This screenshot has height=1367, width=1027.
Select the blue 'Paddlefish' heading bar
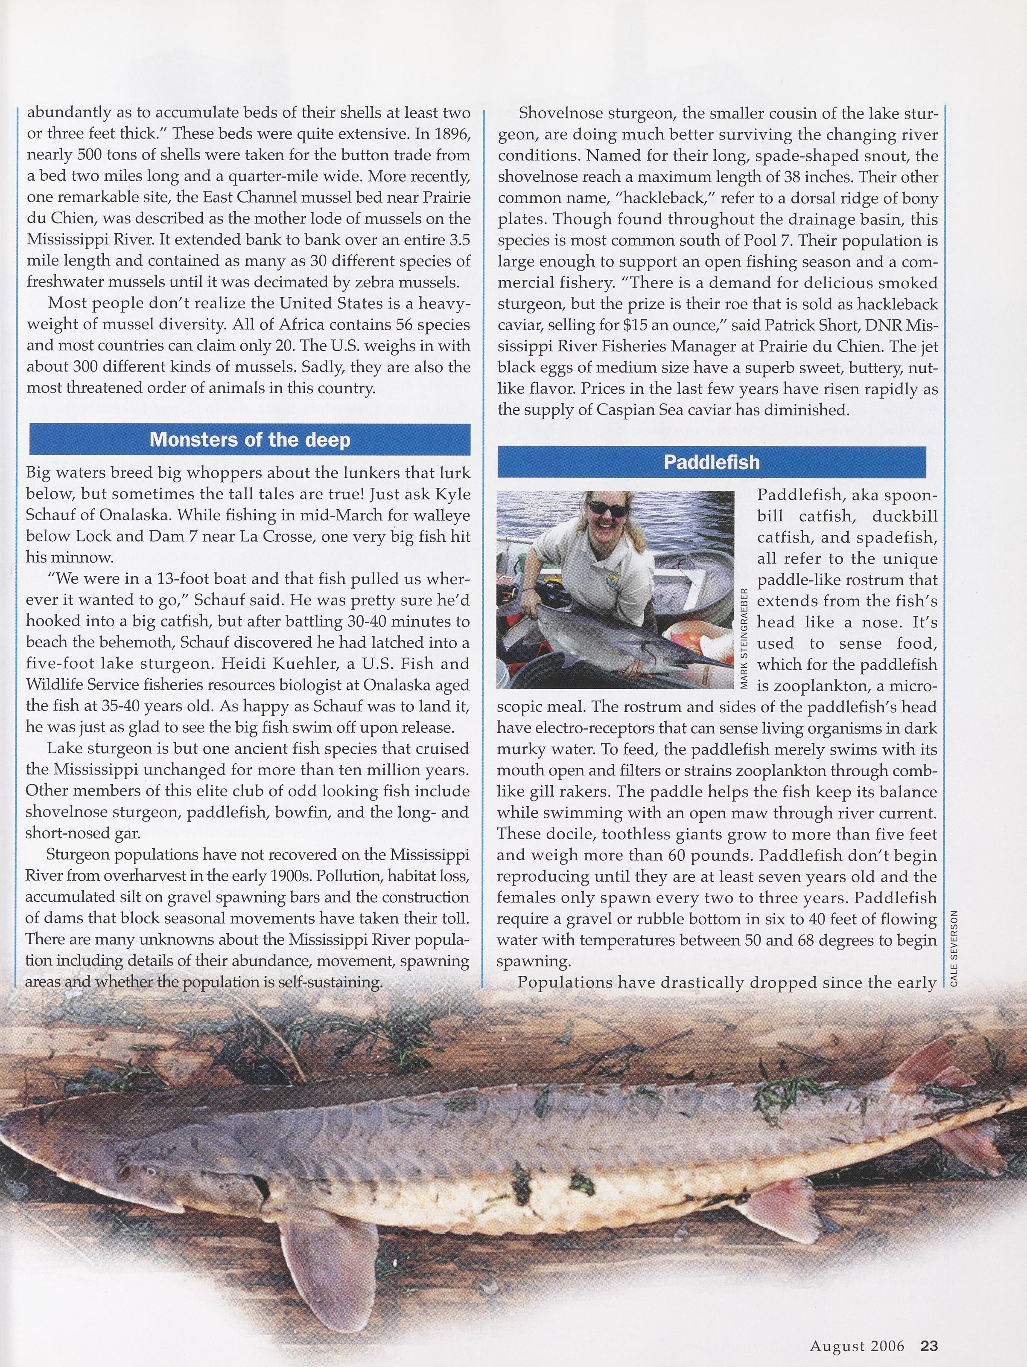click(711, 462)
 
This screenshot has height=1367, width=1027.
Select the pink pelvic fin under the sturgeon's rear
click(776, 1197)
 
